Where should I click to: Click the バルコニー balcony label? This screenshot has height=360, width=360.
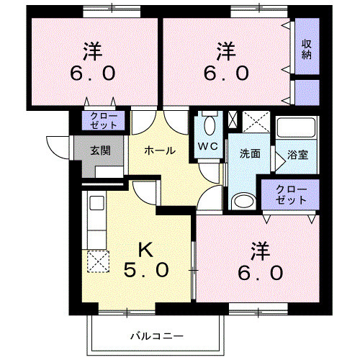coord(157,336)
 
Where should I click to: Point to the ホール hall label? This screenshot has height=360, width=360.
coord(159,150)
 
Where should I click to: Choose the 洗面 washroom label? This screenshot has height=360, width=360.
coord(251,153)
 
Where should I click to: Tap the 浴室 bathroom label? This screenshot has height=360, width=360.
coord(297,153)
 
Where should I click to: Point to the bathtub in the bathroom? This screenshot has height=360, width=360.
coord(297,130)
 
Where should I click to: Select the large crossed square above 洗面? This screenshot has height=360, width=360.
coord(255,122)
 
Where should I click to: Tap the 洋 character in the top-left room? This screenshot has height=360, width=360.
coord(92,51)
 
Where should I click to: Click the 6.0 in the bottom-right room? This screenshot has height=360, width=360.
coord(262,273)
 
